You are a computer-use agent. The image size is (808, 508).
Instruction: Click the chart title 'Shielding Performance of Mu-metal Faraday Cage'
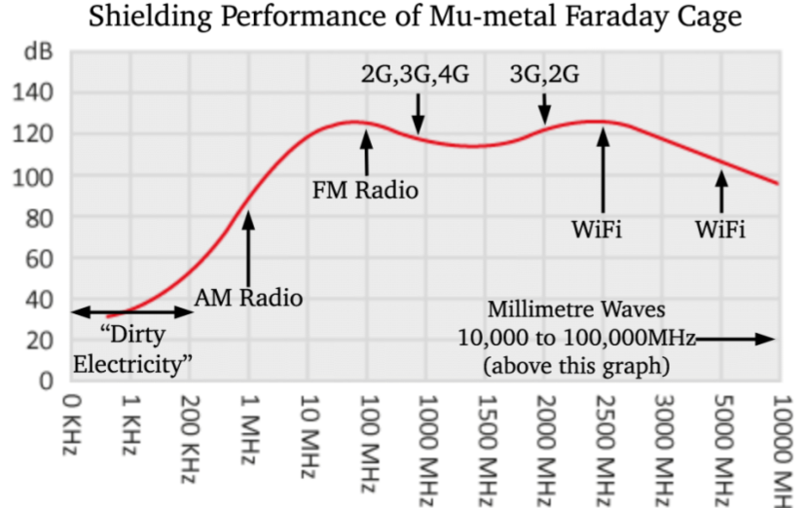[415, 18]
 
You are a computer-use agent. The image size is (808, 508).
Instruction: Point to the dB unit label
[38, 52]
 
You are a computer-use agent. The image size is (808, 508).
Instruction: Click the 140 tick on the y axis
[32, 93]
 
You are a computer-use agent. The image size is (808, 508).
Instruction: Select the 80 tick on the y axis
[39, 220]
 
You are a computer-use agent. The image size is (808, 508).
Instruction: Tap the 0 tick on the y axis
[47, 381]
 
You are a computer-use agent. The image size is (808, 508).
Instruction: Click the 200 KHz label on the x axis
[190, 439]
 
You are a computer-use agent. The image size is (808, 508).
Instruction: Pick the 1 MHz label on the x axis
[249, 430]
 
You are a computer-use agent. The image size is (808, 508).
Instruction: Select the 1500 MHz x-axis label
[486, 451]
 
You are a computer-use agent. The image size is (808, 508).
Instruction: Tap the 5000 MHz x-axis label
[722, 451]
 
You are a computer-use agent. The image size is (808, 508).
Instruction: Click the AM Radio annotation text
[248, 299]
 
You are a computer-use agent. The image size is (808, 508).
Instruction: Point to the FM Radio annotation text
[365, 190]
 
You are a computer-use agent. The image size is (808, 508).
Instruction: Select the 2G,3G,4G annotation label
[415, 75]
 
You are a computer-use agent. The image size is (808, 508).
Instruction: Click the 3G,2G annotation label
[544, 75]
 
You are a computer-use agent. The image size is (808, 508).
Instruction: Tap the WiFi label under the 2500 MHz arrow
[597, 230]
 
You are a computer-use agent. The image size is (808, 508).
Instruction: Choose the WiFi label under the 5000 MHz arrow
[719, 230]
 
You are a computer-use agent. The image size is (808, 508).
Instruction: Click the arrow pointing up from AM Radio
[248, 248]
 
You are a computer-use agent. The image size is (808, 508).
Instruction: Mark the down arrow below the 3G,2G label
[545, 109]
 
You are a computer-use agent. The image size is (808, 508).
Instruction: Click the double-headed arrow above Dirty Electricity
[132, 311]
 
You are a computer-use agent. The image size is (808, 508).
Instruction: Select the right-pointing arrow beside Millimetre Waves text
[735, 339]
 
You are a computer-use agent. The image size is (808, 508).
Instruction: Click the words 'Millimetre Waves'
[576, 310]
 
